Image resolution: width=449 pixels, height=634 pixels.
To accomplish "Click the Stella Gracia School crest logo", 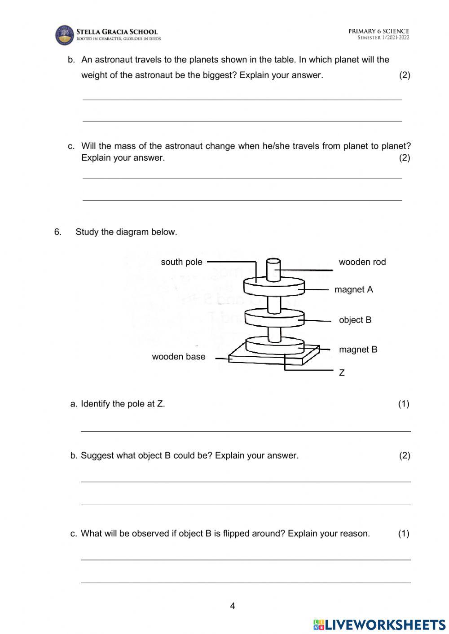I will pyautogui.click(x=64, y=35).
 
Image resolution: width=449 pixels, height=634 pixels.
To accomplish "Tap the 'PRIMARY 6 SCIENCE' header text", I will pyautogui.click(x=379, y=31).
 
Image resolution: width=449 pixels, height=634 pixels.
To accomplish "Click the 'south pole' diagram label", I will pyautogui.click(x=181, y=262).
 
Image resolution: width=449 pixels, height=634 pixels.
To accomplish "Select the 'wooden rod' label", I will pyautogui.click(x=362, y=262).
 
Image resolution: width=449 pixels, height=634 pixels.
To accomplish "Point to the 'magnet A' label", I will pyautogui.click(x=353, y=289).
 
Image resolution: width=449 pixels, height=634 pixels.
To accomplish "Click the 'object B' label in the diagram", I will pyautogui.click(x=355, y=320).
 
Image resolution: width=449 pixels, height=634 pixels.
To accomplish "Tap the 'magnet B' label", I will pyautogui.click(x=358, y=350).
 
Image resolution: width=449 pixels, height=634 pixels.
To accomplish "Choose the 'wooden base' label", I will pyautogui.click(x=178, y=357).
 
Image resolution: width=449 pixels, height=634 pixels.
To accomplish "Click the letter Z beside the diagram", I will pyautogui.click(x=342, y=373).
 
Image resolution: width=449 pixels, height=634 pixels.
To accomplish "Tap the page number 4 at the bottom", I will pyautogui.click(x=232, y=606).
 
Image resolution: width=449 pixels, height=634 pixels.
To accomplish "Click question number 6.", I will pyautogui.click(x=57, y=232).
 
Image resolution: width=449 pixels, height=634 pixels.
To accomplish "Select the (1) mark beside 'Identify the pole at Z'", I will pyautogui.click(x=403, y=404).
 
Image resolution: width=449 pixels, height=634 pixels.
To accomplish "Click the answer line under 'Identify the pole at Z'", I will pyautogui.click(x=246, y=431).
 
